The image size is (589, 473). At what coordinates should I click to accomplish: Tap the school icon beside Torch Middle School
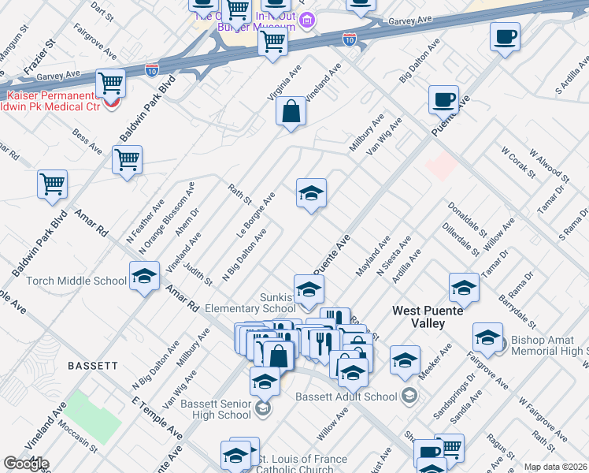tap(145, 277)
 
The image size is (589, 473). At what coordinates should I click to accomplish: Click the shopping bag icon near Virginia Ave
tap(291, 112)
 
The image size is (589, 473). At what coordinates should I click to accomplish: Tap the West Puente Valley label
tap(432, 311)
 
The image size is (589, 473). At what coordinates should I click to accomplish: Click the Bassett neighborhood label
tap(93, 366)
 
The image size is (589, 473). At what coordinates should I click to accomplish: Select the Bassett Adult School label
tap(345, 397)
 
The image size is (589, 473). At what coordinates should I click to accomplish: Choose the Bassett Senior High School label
tap(215, 409)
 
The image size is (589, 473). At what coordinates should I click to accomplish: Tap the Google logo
tap(26, 464)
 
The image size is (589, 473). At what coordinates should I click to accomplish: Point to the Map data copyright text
tap(556, 467)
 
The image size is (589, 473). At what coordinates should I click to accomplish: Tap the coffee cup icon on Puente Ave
tap(443, 100)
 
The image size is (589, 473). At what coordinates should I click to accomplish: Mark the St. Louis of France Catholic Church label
tap(303, 464)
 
